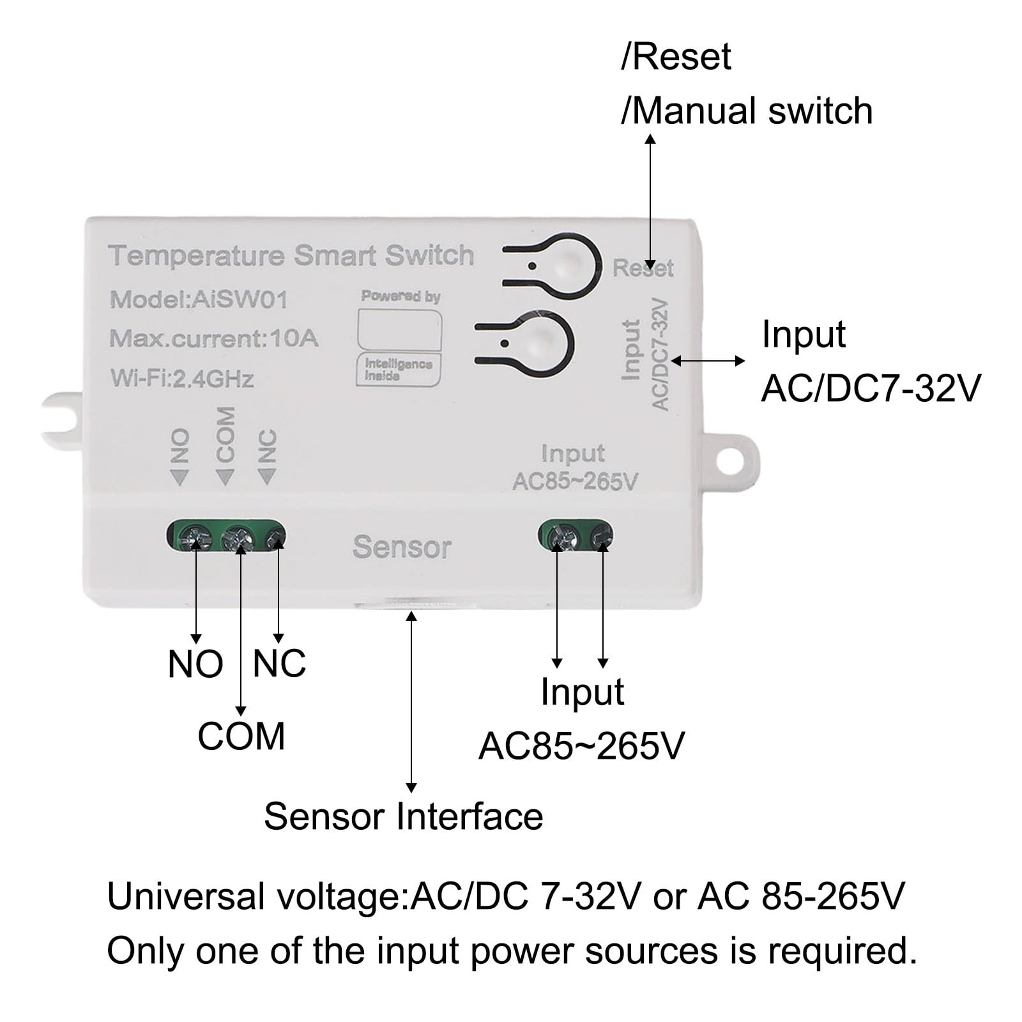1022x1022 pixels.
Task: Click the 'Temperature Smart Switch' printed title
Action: tap(291, 256)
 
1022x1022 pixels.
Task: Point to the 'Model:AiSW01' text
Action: tap(199, 299)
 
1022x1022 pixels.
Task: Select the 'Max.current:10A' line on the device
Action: tap(213, 338)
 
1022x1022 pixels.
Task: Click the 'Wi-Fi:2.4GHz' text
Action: tap(182, 378)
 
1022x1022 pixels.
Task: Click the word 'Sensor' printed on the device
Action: tap(402, 547)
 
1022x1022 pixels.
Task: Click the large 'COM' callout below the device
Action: tap(241, 736)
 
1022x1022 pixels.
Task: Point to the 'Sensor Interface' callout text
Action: tap(403, 816)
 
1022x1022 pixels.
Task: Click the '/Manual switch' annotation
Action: tap(747, 111)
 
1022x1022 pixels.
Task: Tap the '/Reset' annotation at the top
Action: tap(676, 57)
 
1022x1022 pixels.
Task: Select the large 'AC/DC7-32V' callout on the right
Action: tap(871, 388)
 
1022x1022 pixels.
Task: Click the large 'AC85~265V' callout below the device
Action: tap(581, 745)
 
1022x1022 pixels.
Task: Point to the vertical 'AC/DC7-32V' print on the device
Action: tap(660, 355)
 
